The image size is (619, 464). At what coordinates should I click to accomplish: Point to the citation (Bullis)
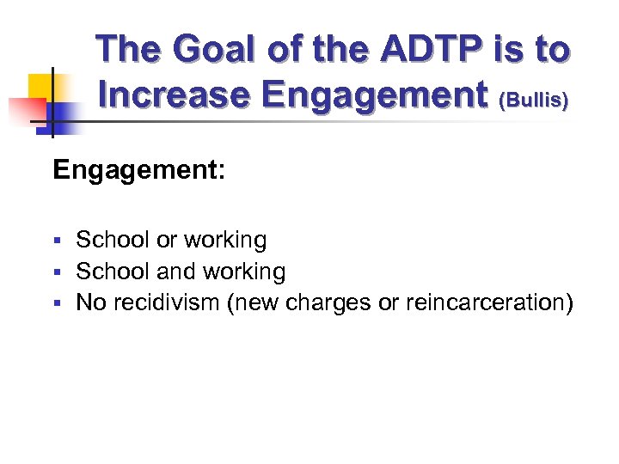coord(534,100)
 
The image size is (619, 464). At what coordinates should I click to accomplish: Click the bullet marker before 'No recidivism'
coord(57,304)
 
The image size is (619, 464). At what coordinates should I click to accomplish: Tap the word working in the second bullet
coord(243,272)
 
